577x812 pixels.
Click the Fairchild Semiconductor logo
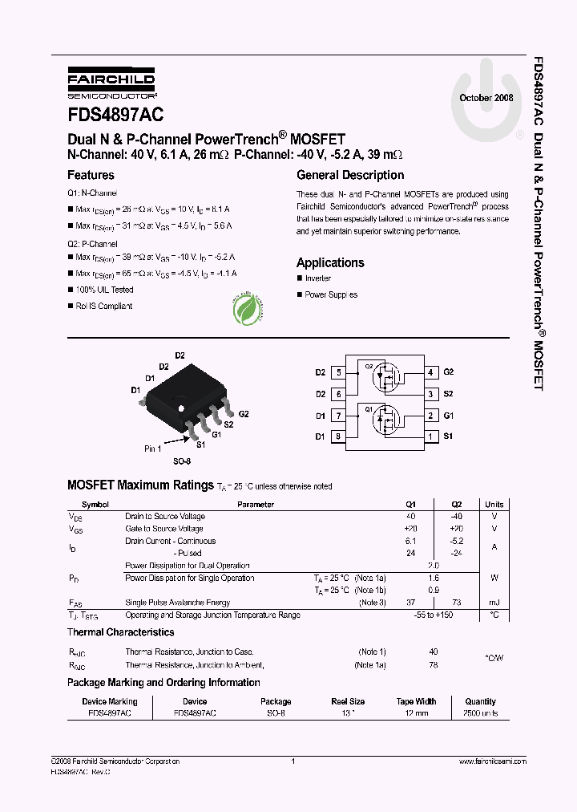[x=111, y=84]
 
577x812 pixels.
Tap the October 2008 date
[x=486, y=98]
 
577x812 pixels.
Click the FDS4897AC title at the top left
[x=115, y=116]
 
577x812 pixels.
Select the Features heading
[x=91, y=175]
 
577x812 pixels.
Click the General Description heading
[x=350, y=175]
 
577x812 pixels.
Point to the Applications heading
[x=330, y=262]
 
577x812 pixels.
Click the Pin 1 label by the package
[x=152, y=449]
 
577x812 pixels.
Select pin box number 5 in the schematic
[x=339, y=372]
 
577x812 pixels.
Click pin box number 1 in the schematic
[x=430, y=436]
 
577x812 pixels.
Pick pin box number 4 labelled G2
[x=430, y=372]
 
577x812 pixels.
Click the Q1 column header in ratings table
[x=411, y=505]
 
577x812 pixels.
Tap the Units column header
[x=494, y=505]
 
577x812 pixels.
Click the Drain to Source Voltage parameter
[x=164, y=517]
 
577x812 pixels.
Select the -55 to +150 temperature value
[x=434, y=615]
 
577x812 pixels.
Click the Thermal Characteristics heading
[x=120, y=632]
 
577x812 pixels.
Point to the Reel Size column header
[x=348, y=701]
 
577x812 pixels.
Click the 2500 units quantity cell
[x=480, y=713]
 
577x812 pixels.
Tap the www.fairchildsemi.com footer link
[x=492, y=761]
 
